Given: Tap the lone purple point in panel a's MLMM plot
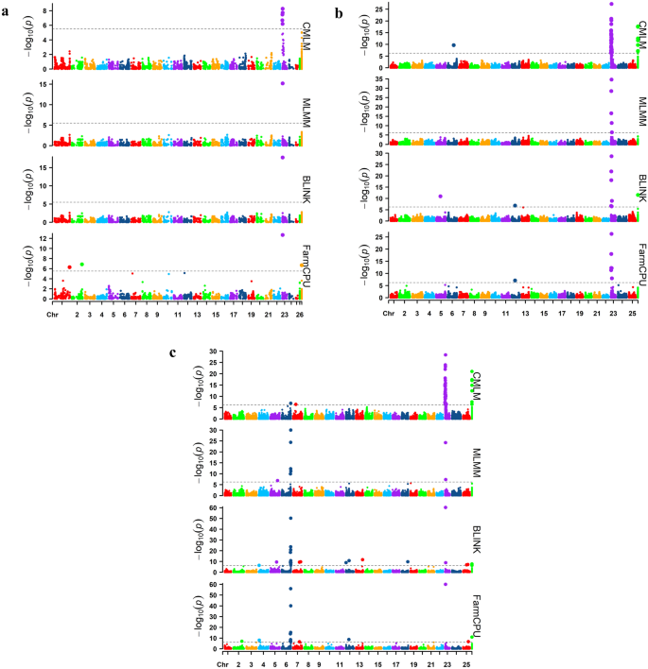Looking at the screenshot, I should pyautogui.click(x=282, y=83).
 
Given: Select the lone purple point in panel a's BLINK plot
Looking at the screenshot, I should pyautogui.click(x=282, y=157).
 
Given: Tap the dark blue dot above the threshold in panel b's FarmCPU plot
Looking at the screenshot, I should pyautogui.click(x=515, y=280).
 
